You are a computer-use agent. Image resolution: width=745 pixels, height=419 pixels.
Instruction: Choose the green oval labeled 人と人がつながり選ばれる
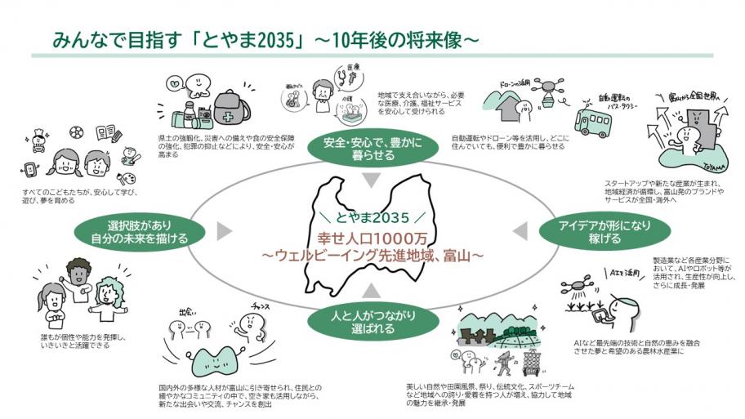pyautogui.click(x=364, y=322)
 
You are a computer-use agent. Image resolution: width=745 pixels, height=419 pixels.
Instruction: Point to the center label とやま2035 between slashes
pyautogui.click(x=372, y=219)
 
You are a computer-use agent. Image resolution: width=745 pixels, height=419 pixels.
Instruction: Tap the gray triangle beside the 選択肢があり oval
pyautogui.click(x=224, y=233)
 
